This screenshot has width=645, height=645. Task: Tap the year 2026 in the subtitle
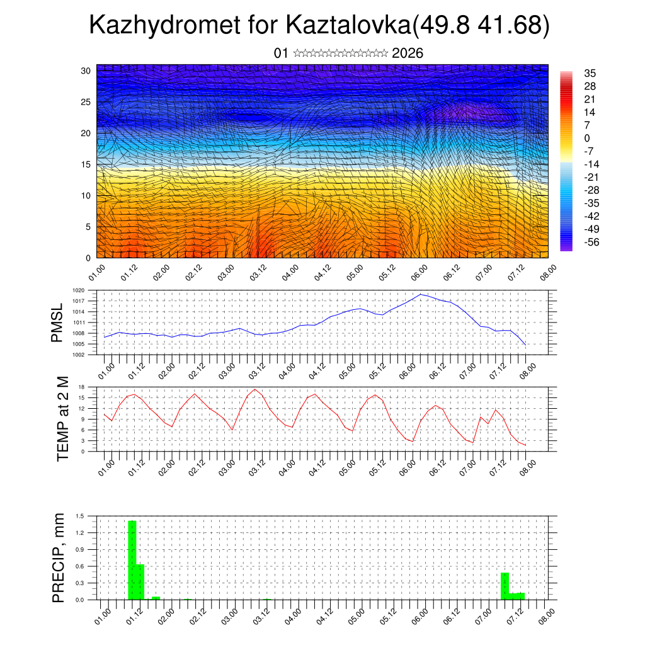[408, 54]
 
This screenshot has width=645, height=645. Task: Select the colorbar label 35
[591, 73]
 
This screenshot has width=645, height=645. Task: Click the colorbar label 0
[587, 138]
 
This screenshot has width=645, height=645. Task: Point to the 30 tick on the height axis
[86, 71]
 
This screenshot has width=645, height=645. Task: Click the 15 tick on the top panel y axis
[86, 164]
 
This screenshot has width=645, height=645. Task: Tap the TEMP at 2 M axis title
[62, 419]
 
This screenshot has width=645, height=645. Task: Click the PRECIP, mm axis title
[59, 557]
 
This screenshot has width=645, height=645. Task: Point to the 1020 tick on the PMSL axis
[79, 290]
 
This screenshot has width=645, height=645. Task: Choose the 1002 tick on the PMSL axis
[79, 355]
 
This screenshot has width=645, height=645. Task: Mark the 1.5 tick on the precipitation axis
[80, 516]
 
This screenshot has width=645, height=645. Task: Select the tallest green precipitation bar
[132, 561]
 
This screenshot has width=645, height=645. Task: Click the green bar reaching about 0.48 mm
[505, 586]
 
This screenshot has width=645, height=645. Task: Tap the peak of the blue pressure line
[421, 294]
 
